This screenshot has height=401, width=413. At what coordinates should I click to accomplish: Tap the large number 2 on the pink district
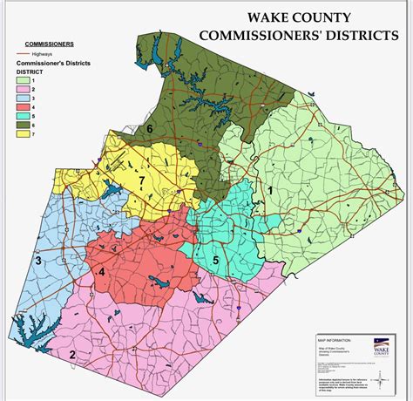72,355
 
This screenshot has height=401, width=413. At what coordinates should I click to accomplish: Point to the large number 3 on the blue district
37,259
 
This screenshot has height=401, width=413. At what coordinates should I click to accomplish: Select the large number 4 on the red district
102,272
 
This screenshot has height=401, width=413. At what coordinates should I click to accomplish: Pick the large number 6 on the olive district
150,130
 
